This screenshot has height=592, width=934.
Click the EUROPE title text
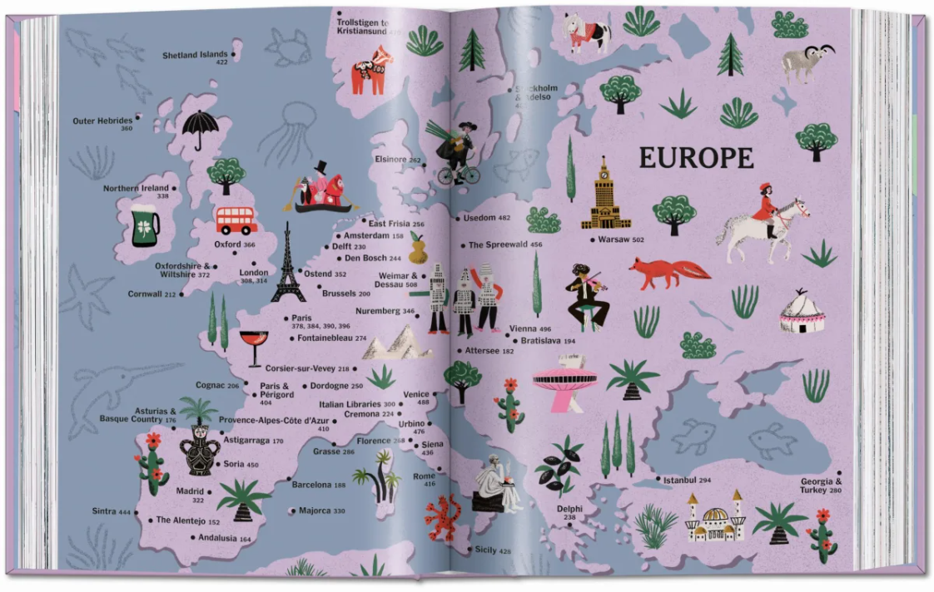(696, 158)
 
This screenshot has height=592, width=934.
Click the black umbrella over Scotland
(200, 130)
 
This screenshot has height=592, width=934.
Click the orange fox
(668, 272)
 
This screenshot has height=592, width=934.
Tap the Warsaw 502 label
(621, 240)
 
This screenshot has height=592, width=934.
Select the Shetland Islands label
(196, 57)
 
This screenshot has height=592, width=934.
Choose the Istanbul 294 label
(687, 481)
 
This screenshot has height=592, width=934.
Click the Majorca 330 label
(321, 511)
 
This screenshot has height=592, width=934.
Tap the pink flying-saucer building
(564, 382)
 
